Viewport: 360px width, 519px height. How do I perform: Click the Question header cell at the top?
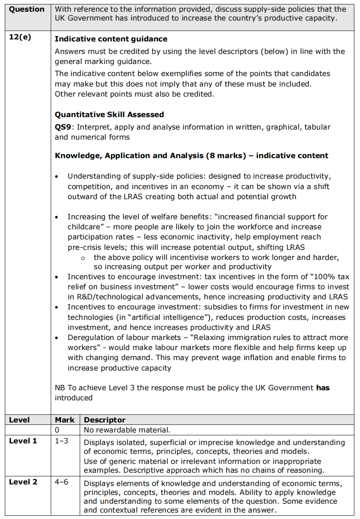[27, 9]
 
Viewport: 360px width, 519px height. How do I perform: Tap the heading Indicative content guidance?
[111, 39]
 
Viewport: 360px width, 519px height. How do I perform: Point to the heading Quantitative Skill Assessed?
[109, 115]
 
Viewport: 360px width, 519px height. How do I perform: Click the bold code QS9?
[63, 127]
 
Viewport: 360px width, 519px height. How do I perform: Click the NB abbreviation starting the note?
[60, 388]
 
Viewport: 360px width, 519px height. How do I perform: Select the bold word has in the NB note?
[323, 388]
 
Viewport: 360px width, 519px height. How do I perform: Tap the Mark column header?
[65, 420]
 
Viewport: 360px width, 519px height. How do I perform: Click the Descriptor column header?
[105, 420]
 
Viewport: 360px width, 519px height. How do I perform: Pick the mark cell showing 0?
[57, 430]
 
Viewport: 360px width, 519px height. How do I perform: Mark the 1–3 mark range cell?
[62, 441]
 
